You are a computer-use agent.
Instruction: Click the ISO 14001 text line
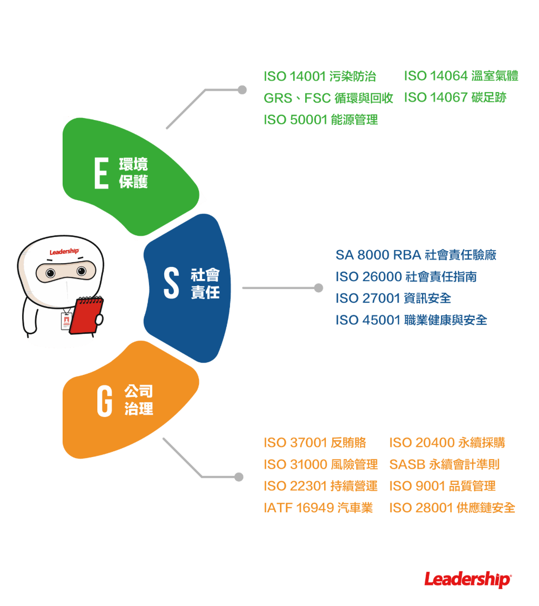click(x=320, y=76)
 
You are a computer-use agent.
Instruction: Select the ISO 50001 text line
click(x=320, y=120)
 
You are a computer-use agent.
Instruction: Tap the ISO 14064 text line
click(x=461, y=76)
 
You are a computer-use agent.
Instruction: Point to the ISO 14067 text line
click(x=455, y=98)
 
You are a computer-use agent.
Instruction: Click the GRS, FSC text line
click(x=328, y=98)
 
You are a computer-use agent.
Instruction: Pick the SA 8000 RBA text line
click(x=416, y=255)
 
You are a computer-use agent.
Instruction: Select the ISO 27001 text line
click(x=393, y=299)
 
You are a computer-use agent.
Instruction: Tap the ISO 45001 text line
click(x=411, y=320)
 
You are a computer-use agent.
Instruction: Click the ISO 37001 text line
click(x=315, y=443)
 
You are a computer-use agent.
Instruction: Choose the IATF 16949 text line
click(x=318, y=508)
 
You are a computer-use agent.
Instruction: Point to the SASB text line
click(x=444, y=464)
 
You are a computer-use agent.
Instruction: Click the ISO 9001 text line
click(x=442, y=486)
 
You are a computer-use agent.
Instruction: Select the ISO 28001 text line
click(x=452, y=508)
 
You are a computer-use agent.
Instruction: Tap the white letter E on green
click(x=101, y=172)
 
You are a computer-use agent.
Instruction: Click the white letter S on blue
click(x=172, y=283)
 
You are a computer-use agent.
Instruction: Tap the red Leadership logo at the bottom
click(x=467, y=579)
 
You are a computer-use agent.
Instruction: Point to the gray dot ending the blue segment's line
click(x=318, y=288)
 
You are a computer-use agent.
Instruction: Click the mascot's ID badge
click(x=66, y=321)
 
